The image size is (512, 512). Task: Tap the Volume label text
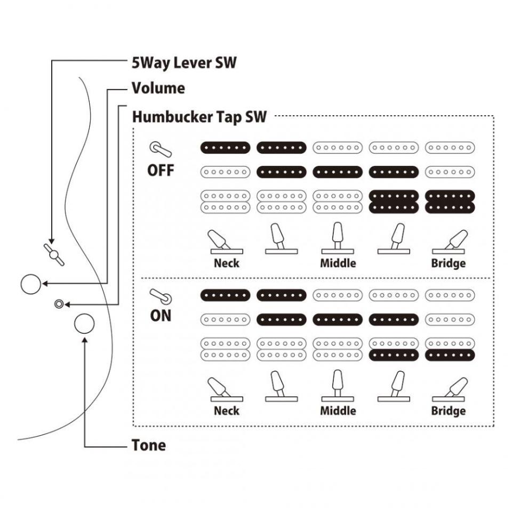(158, 88)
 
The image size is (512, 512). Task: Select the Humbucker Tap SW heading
(199, 117)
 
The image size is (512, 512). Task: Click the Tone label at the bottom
(149, 445)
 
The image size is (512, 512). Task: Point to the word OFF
(160, 171)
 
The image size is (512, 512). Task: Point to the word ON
(161, 315)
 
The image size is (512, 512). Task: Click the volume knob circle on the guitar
(30, 284)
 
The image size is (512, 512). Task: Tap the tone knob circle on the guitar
(84, 323)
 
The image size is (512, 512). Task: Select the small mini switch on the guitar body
(58, 303)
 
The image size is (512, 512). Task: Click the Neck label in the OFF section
(227, 263)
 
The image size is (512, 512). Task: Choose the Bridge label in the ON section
(449, 411)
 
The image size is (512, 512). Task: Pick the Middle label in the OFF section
(338, 263)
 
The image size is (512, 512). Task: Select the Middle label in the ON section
(338, 411)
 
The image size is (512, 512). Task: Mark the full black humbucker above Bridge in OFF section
(449, 201)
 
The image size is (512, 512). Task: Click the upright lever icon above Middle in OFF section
(338, 238)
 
